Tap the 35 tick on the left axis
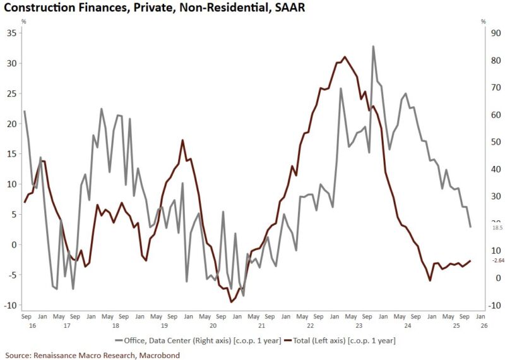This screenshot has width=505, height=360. tap(12, 32)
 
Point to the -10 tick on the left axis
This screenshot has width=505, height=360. tap(9, 305)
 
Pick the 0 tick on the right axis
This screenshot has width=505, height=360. tap(482, 278)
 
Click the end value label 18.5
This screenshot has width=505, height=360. tap(480, 227)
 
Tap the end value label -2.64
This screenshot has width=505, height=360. tap(481, 260)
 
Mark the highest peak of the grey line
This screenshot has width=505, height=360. tap(373, 46)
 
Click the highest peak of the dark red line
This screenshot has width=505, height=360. tap(344, 57)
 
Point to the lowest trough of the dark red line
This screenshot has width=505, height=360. tap(231, 302)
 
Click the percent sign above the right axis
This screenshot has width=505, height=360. tap(483, 22)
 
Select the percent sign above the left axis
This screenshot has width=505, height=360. tap(24, 22)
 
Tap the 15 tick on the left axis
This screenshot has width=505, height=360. tap(12, 153)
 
